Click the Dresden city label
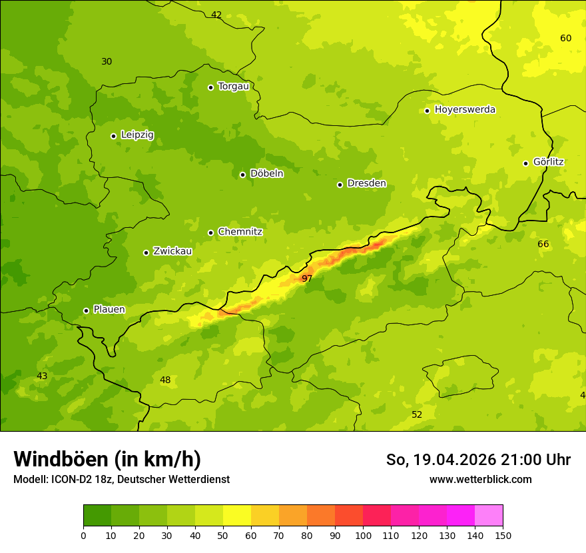[x=366, y=183]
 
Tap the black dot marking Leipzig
[x=113, y=136]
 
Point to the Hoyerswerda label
[x=465, y=109]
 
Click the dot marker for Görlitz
[x=525, y=163]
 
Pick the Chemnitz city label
[x=240, y=232]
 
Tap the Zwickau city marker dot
[x=146, y=253]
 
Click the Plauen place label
[x=109, y=310]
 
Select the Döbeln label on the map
[x=266, y=173]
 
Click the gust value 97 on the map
[x=307, y=278]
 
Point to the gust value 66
[x=543, y=244]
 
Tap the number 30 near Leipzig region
[x=107, y=61]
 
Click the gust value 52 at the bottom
[x=417, y=414]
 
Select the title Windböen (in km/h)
[x=107, y=459]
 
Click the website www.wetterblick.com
[x=480, y=479]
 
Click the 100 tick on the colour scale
[x=363, y=534]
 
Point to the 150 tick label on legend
[x=503, y=534]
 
